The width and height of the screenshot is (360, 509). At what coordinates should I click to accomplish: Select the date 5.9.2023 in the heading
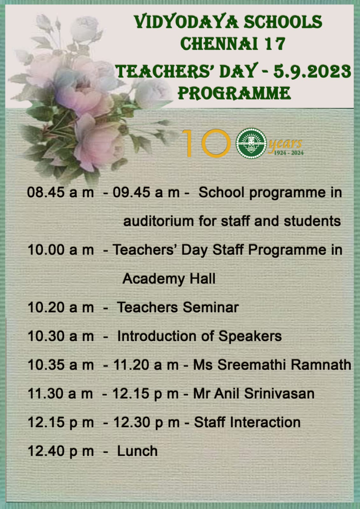point(312,71)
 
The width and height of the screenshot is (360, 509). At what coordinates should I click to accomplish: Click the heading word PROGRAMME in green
point(234,93)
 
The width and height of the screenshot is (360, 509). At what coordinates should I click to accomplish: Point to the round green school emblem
point(251,143)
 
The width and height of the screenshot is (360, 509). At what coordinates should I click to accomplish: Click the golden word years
point(286,144)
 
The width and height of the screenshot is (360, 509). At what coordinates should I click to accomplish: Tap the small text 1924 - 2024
point(289,153)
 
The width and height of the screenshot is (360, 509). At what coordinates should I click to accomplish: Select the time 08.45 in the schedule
point(46,192)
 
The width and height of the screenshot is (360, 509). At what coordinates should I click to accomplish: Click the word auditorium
point(159,221)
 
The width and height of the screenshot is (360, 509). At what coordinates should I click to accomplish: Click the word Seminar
point(211,308)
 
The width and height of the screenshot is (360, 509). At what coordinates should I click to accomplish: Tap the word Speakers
point(250,336)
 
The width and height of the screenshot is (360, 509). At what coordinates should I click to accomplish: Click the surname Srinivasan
point(279,393)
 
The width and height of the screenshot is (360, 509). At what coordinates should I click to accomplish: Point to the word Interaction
point(265,422)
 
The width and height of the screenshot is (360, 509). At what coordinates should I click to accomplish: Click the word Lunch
point(137,451)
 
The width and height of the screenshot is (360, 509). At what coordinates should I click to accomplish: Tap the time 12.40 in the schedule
point(46,451)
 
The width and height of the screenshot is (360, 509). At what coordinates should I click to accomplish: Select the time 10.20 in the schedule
point(46,308)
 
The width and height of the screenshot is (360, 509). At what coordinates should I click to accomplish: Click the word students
point(312,221)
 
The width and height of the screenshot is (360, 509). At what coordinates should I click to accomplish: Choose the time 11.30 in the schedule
point(46,394)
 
